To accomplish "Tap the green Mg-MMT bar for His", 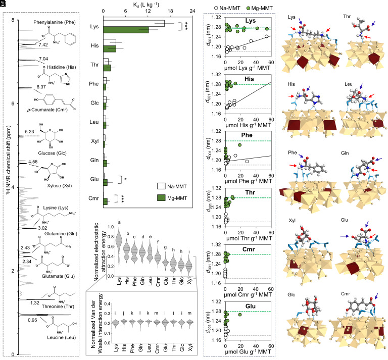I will click(110, 49).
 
